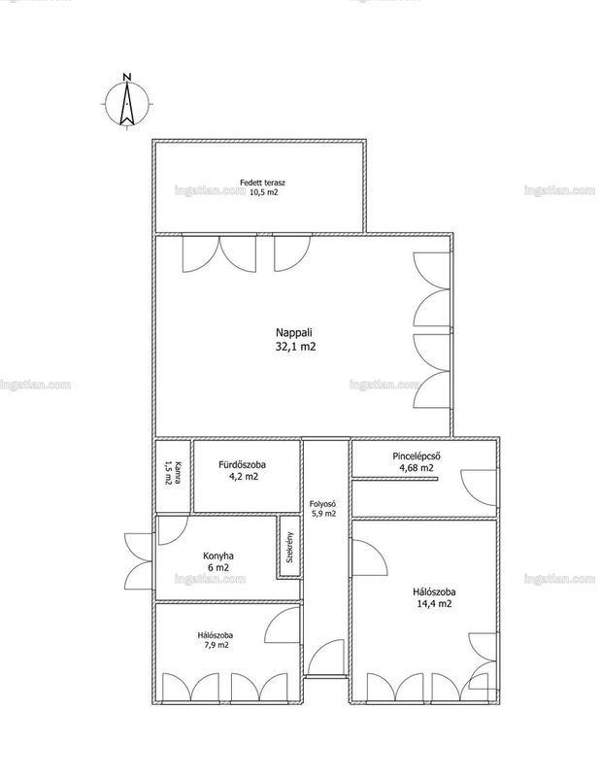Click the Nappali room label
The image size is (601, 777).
[295, 333]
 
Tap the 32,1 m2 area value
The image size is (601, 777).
[295, 347]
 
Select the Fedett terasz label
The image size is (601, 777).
[262, 183]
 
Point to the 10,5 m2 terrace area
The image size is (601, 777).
[263, 192]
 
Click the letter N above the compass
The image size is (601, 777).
[127, 77]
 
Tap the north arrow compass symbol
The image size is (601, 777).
[127, 103]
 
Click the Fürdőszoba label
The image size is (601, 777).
[243, 465]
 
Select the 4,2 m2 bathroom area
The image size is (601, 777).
[243, 477]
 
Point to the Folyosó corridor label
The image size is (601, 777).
[323, 504]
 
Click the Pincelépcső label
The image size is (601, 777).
[417, 456]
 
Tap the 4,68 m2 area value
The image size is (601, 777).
[417, 468]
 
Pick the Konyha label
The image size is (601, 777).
[218, 556]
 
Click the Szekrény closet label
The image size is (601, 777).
[290, 547]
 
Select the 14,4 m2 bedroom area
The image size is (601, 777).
[435, 603]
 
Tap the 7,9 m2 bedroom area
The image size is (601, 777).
[216, 645]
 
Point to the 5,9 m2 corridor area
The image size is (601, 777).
[323, 514]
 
